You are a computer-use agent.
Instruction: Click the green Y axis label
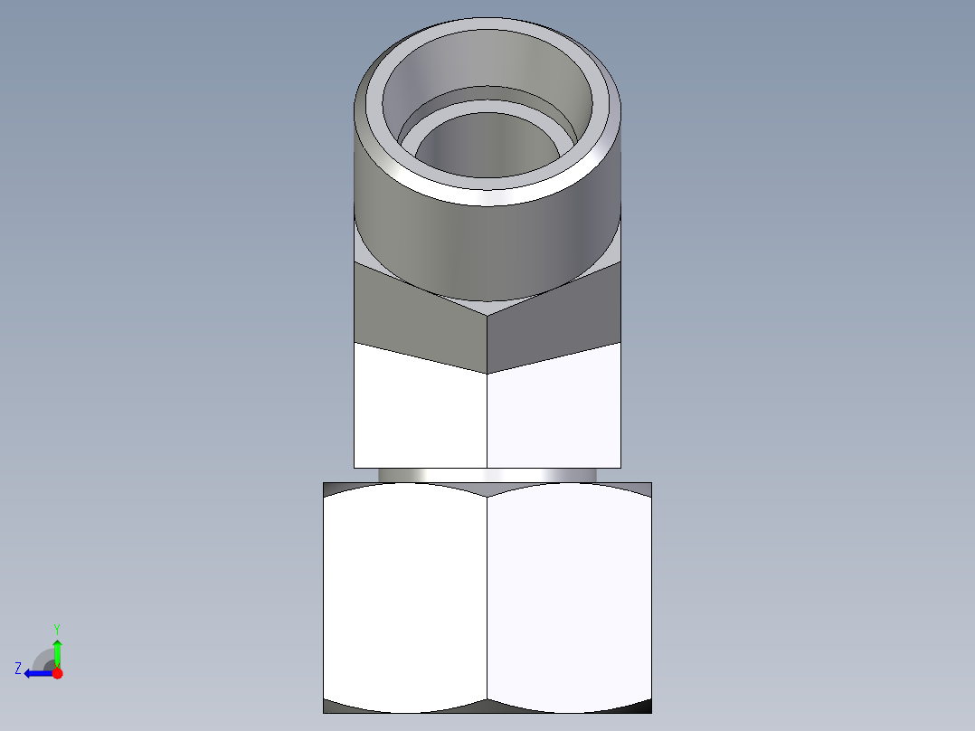point(56,627)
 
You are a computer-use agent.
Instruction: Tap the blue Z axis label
point(18,669)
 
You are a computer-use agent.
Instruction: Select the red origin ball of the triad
point(57,673)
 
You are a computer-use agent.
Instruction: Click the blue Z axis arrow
point(36,673)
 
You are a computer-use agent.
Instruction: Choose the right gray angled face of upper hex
point(556,317)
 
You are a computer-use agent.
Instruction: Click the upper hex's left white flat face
point(420,412)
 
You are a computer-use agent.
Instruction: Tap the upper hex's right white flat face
point(554,412)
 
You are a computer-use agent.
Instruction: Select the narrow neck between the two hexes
point(488,475)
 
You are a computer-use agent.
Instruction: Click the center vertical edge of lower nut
point(488,597)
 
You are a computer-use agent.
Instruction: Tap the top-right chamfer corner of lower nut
point(638,489)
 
